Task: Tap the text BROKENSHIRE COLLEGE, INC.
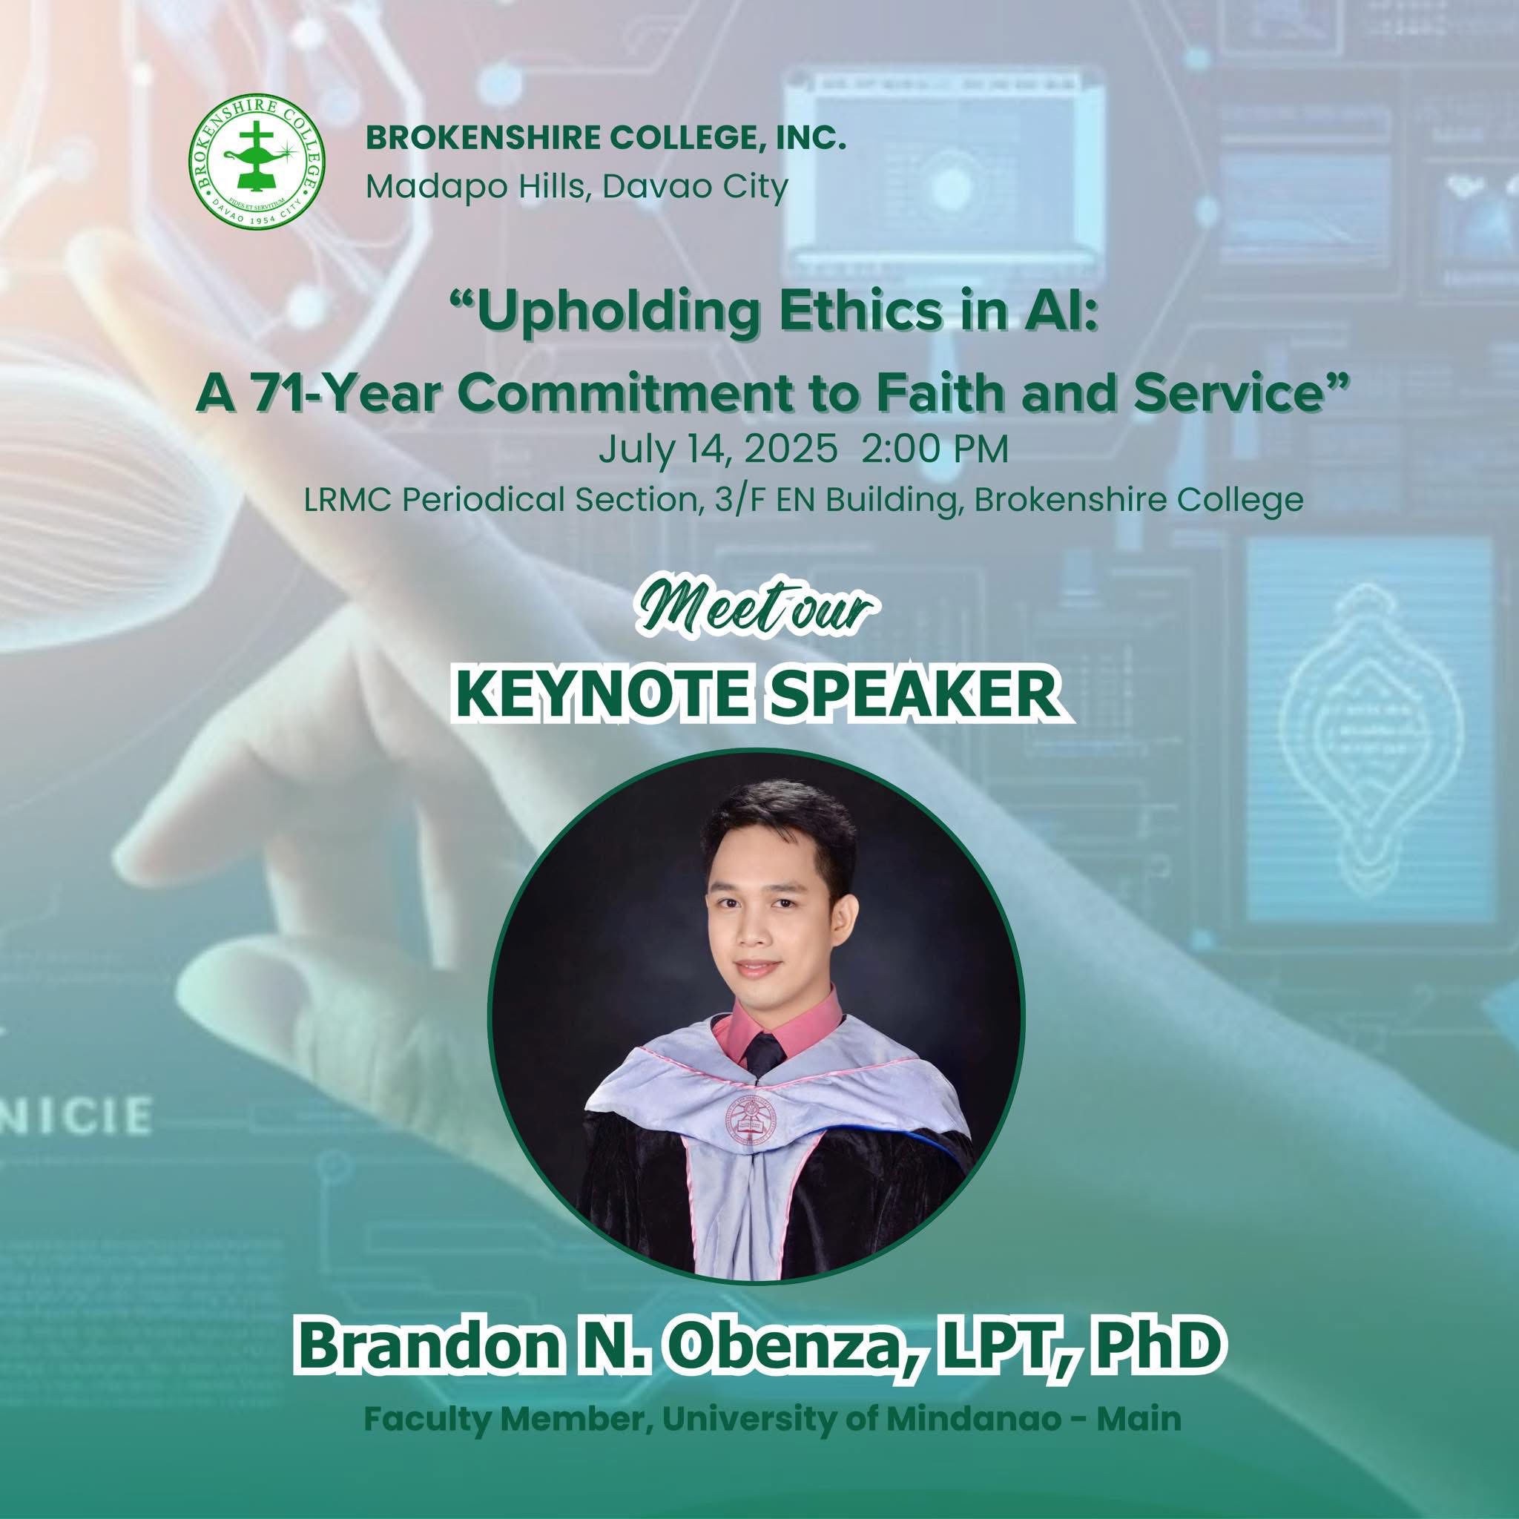(605, 141)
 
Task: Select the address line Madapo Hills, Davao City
(576, 187)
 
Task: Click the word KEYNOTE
(611, 693)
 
